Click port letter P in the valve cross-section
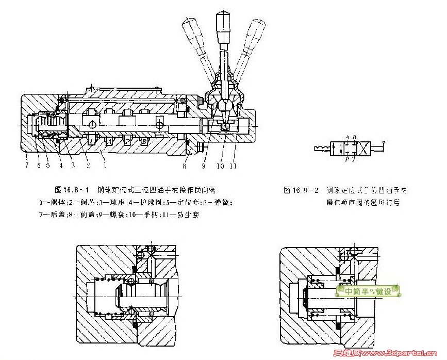tap(126, 140)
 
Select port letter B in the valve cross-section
tap(144, 140)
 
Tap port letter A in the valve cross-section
tap(109, 140)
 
